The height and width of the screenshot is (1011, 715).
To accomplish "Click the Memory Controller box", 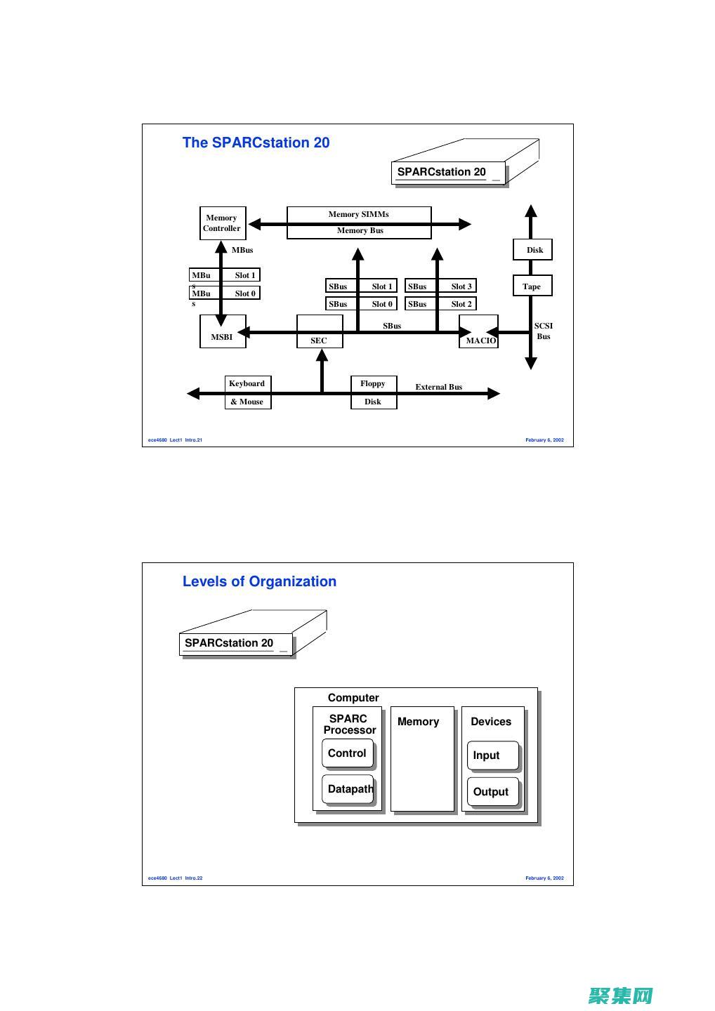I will pyautogui.click(x=222, y=223).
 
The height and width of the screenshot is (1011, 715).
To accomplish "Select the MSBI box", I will pyautogui.click(x=223, y=331).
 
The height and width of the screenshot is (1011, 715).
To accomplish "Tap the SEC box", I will pyautogui.click(x=320, y=332).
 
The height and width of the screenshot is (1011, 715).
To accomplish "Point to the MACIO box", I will pyautogui.click(x=479, y=332).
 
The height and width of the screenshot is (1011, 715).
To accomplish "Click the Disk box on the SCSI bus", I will pyautogui.click(x=532, y=250).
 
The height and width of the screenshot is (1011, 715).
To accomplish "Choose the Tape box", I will pyautogui.click(x=532, y=286).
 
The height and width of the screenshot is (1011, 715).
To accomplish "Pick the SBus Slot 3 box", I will pyautogui.click(x=440, y=286).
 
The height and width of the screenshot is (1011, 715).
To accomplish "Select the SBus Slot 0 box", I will pyautogui.click(x=361, y=304).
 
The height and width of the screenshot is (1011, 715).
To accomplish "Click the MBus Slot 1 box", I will pyautogui.click(x=225, y=275).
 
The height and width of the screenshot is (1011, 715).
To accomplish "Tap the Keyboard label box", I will pyautogui.click(x=247, y=383).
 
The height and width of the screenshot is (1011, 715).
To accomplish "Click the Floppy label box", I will pyautogui.click(x=373, y=383).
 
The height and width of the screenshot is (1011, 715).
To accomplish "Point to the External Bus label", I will pyautogui.click(x=439, y=387).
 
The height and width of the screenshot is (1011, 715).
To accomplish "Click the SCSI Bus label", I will pyautogui.click(x=544, y=331).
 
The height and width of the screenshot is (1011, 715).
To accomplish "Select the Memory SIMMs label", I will pyautogui.click(x=359, y=214).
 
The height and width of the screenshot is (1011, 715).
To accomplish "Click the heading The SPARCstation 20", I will pyautogui.click(x=256, y=143).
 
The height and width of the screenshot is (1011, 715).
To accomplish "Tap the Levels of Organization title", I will pyautogui.click(x=259, y=581).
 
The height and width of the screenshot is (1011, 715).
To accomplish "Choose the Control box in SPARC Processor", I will pyautogui.click(x=347, y=753).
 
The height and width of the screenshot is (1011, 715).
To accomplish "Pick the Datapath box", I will pyautogui.click(x=348, y=789).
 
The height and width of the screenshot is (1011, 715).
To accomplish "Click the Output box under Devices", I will pyautogui.click(x=492, y=792).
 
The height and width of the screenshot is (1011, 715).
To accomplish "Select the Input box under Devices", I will pyautogui.click(x=492, y=755).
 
